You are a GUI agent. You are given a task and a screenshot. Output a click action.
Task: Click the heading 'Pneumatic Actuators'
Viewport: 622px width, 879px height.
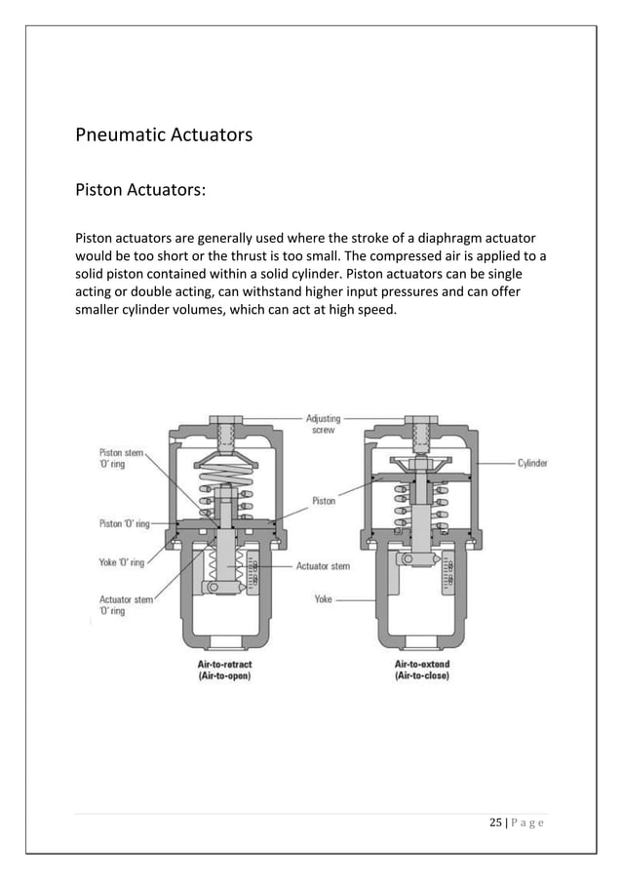(x=164, y=134)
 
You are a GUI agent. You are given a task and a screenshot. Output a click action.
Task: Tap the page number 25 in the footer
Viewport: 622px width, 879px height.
(x=496, y=824)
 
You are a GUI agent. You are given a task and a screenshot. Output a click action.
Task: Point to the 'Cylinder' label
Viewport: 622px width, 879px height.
(x=534, y=464)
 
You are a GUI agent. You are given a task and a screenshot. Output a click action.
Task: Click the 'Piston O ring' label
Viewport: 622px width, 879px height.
(x=124, y=523)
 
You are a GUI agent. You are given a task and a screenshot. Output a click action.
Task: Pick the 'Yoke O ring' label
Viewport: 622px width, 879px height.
(x=122, y=562)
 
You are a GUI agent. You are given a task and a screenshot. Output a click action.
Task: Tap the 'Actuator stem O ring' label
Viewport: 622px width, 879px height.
(x=126, y=605)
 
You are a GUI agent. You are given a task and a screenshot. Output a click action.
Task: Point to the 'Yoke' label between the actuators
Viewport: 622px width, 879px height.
(x=323, y=599)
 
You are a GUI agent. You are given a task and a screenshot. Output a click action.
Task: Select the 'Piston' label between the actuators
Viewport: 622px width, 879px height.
(x=324, y=501)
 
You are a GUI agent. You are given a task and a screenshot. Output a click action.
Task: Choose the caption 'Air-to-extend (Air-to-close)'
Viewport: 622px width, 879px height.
(x=415, y=669)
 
